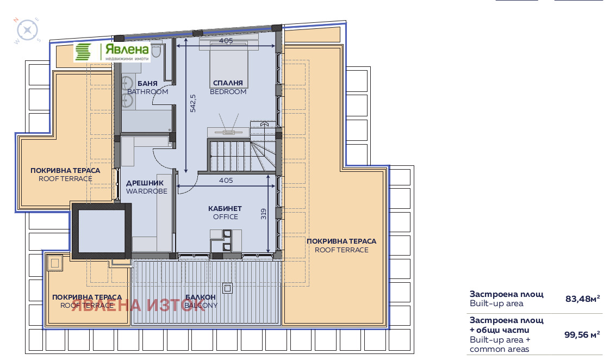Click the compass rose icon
click(27, 30)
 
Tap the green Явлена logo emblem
click(83, 52)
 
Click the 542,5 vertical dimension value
click(193, 103)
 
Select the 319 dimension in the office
click(263, 214)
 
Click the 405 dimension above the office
click(226, 180)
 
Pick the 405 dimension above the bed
click(226, 40)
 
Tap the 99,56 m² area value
click(582, 334)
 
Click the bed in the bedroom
click(229, 64)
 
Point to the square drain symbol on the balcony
click(227, 288)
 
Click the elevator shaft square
click(102, 231)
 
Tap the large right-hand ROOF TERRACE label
click(341, 246)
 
